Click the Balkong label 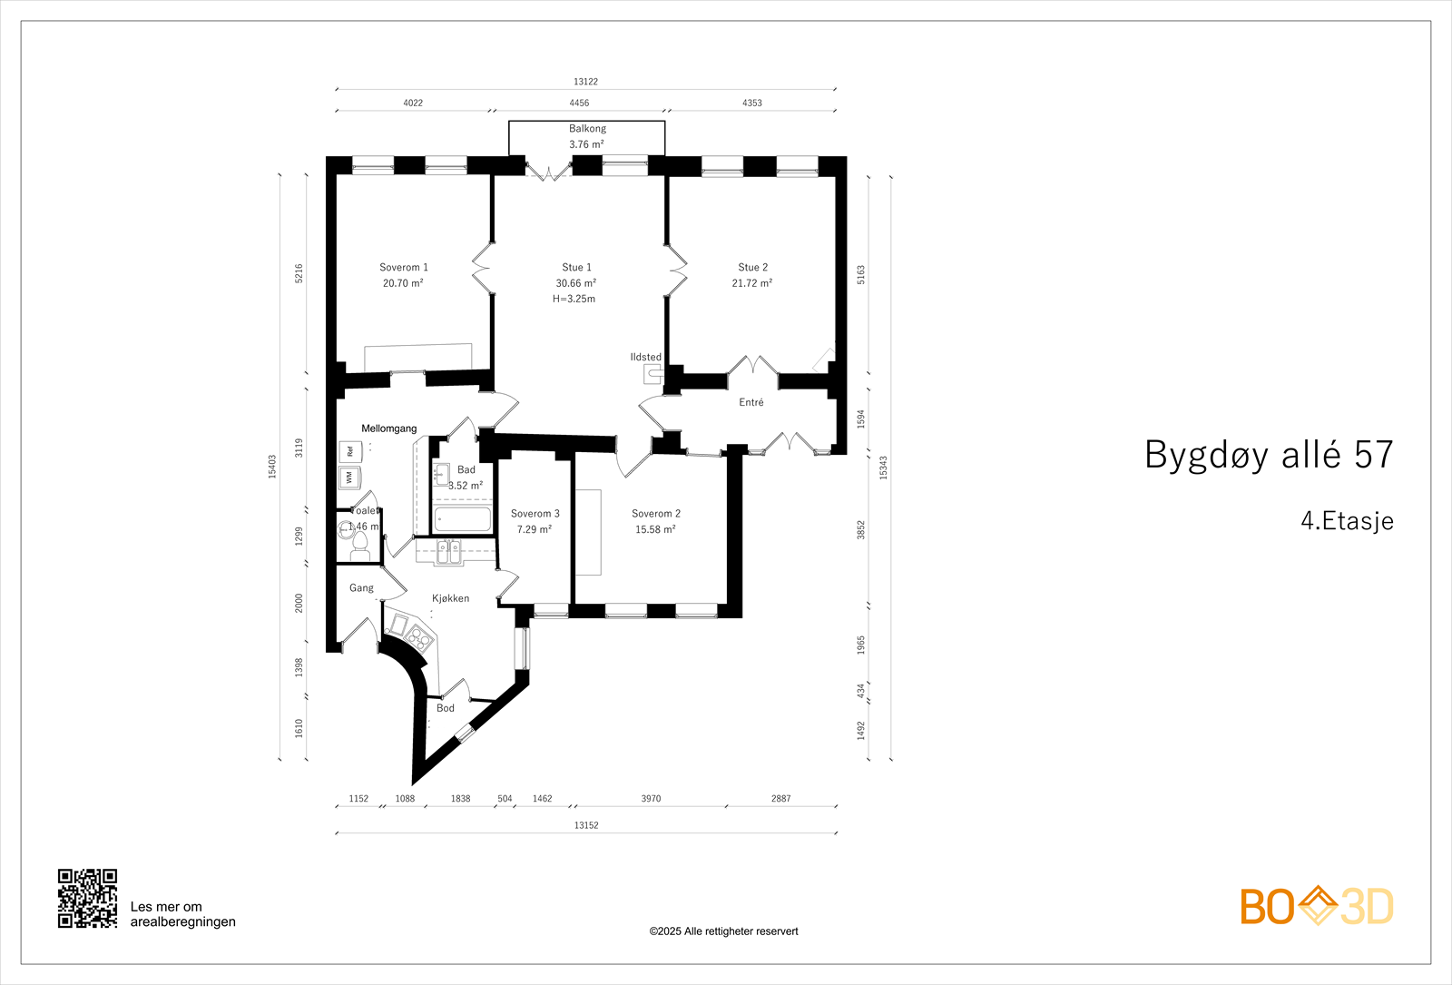(x=587, y=129)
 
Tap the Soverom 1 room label (x=403, y=267)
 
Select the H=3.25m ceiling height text (x=574, y=299)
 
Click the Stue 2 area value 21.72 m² (x=751, y=283)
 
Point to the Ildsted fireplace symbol (x=653, y=373)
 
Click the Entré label (x=751, y=402)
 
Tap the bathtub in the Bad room (x=462, y=519)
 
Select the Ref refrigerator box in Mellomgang (x=349, y=451)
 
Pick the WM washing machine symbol (x=349, y=477)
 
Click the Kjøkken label (x=450, y=598)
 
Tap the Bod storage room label (x=445, y=708)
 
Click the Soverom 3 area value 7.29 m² (x=534, y=529)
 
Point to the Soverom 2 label (x=655, y=514)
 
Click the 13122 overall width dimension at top (x=585, y=82)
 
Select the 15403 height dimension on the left (x=272, y=466)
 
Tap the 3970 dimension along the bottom (x=651, y=799)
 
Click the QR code (x=87, y=898)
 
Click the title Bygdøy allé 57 (x=1268, y=455)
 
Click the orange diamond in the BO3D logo (x=1317, y=905)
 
